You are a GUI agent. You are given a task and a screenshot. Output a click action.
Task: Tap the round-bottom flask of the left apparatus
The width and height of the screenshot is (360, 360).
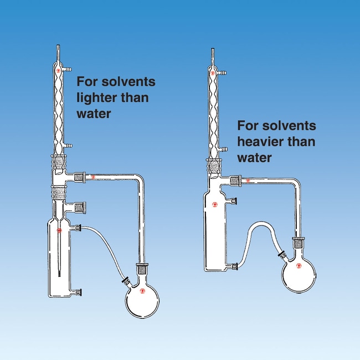pos(142,298)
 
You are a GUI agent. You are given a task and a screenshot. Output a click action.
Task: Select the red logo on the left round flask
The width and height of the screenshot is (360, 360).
pos(142,291)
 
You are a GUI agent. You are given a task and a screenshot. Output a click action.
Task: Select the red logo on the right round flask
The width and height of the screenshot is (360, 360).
pos(299,266)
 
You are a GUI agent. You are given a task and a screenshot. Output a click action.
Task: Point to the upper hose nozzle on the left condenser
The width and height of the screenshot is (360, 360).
pos(68,69)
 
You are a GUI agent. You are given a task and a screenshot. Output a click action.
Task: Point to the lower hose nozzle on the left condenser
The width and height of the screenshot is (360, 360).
pos(68,146)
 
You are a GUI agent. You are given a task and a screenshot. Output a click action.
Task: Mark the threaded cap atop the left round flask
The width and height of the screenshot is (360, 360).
pos(143,269)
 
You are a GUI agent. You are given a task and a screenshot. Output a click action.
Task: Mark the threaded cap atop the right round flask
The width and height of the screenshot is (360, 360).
pos(299,243)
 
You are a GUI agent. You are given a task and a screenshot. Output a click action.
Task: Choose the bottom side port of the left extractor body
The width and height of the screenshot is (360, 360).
pos(78,292)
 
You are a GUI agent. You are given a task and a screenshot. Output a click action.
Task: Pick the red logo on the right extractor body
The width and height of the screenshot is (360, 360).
pos(215,204)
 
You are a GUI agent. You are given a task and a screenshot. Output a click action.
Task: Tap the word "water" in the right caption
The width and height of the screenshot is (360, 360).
pos(254,157)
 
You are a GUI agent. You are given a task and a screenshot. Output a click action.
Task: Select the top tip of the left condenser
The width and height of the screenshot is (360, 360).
pos(59,45)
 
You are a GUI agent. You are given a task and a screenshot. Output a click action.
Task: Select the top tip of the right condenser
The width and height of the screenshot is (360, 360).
pos(213,49)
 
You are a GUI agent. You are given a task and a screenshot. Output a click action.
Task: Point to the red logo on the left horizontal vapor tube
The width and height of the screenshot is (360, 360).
pos(93,177)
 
